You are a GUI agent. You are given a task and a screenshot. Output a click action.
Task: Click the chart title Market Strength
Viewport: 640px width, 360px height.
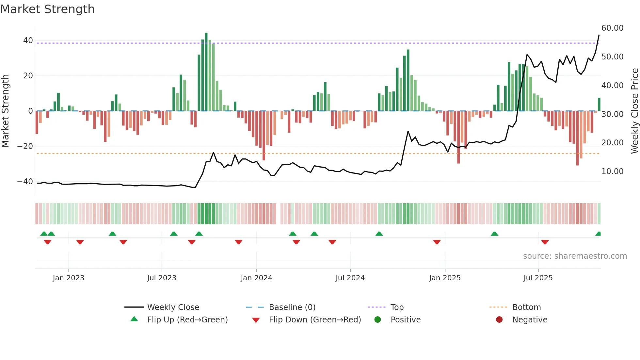47,9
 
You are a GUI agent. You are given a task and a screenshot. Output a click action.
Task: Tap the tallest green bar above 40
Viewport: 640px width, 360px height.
206,72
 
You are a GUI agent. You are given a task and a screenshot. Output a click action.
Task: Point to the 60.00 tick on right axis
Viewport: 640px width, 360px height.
612,28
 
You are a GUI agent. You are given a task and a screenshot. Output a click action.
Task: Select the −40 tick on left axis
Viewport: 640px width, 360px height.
25,182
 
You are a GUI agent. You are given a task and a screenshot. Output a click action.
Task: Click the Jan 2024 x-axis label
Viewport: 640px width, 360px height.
256,278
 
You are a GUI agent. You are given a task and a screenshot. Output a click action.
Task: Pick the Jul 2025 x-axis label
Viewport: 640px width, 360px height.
538,278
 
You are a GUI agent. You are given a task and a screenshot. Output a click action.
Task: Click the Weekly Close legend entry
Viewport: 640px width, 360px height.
173,307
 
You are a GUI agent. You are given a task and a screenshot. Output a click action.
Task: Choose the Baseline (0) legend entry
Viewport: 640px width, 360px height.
292,307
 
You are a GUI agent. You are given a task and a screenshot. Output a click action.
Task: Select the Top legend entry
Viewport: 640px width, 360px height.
397,307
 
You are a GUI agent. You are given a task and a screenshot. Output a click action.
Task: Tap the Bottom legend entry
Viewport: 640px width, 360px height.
526,307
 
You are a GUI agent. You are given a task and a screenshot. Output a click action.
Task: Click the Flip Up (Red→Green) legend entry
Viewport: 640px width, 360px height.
187,320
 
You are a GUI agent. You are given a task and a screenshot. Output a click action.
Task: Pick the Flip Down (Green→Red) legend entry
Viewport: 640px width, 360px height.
315,320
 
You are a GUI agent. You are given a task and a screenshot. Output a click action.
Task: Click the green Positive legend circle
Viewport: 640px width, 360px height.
378,320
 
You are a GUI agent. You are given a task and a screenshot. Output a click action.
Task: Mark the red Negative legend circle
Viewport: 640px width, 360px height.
499,320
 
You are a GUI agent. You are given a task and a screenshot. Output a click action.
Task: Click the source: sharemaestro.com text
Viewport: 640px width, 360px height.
575,256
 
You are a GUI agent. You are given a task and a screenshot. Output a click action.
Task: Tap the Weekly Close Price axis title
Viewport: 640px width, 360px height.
634,111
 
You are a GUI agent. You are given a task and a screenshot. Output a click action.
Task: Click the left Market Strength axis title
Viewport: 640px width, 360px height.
5,111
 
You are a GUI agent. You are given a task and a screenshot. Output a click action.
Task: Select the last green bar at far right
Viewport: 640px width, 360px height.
599,105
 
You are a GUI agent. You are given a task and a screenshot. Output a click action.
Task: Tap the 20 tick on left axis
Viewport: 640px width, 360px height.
28,76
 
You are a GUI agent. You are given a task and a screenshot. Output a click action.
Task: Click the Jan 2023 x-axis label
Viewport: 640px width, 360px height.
68,278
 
